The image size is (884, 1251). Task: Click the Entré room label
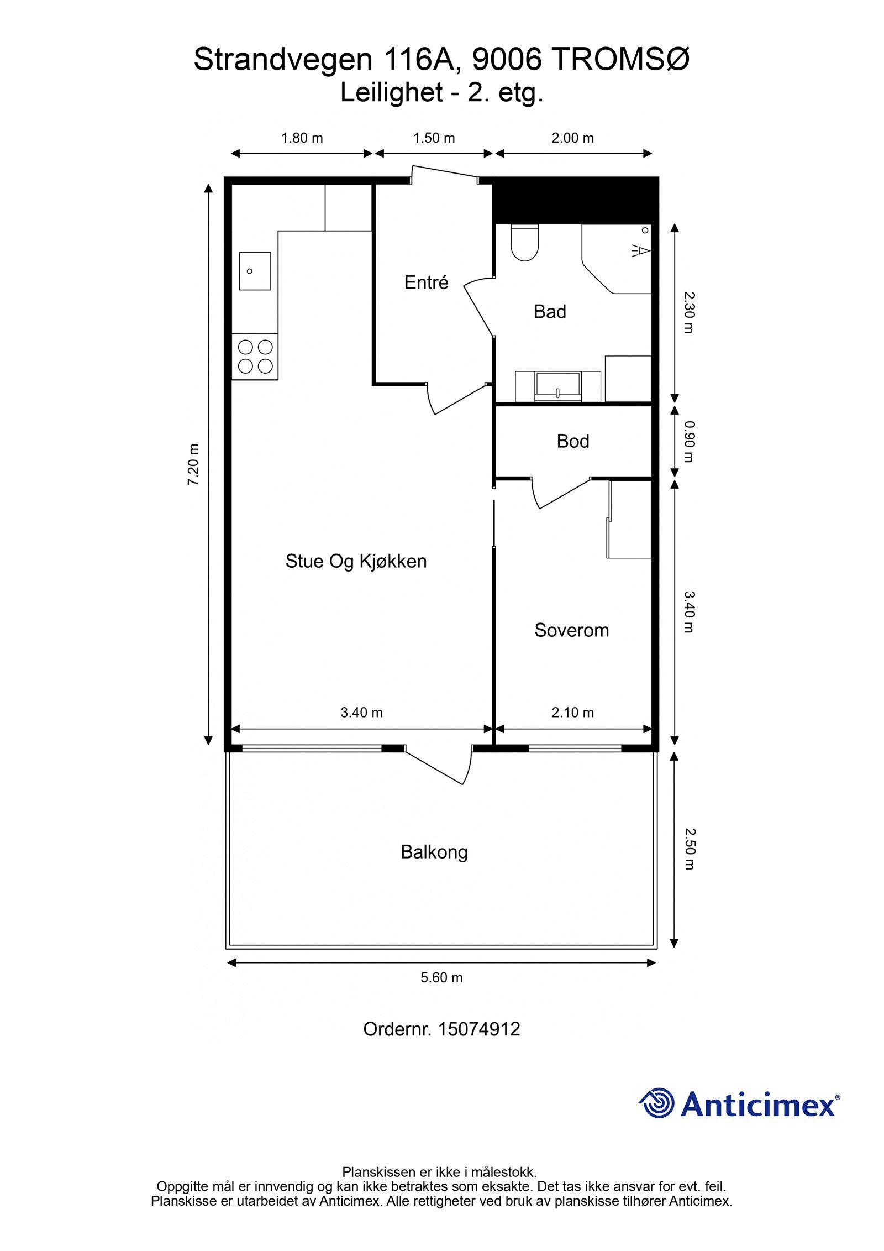[426, 282]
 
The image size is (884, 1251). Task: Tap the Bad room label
[550, 312]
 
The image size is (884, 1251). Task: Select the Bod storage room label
[573, 441]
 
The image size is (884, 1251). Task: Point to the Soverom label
[572, 630]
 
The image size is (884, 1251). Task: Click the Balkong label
[434, 852]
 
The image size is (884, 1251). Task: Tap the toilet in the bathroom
[525, 243]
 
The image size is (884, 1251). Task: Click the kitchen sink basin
[255, 271]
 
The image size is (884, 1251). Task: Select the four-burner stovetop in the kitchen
[255, 357]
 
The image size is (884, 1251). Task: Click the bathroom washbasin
[557, 386]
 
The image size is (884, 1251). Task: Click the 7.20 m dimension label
[193, 465]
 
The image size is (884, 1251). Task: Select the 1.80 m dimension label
[302, 138]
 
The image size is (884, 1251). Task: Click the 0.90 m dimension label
[689, 442]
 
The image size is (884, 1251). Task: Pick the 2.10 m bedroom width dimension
[573, 713]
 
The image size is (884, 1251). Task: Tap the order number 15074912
[478, 1029]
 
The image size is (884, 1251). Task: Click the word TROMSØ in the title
[620, 60]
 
